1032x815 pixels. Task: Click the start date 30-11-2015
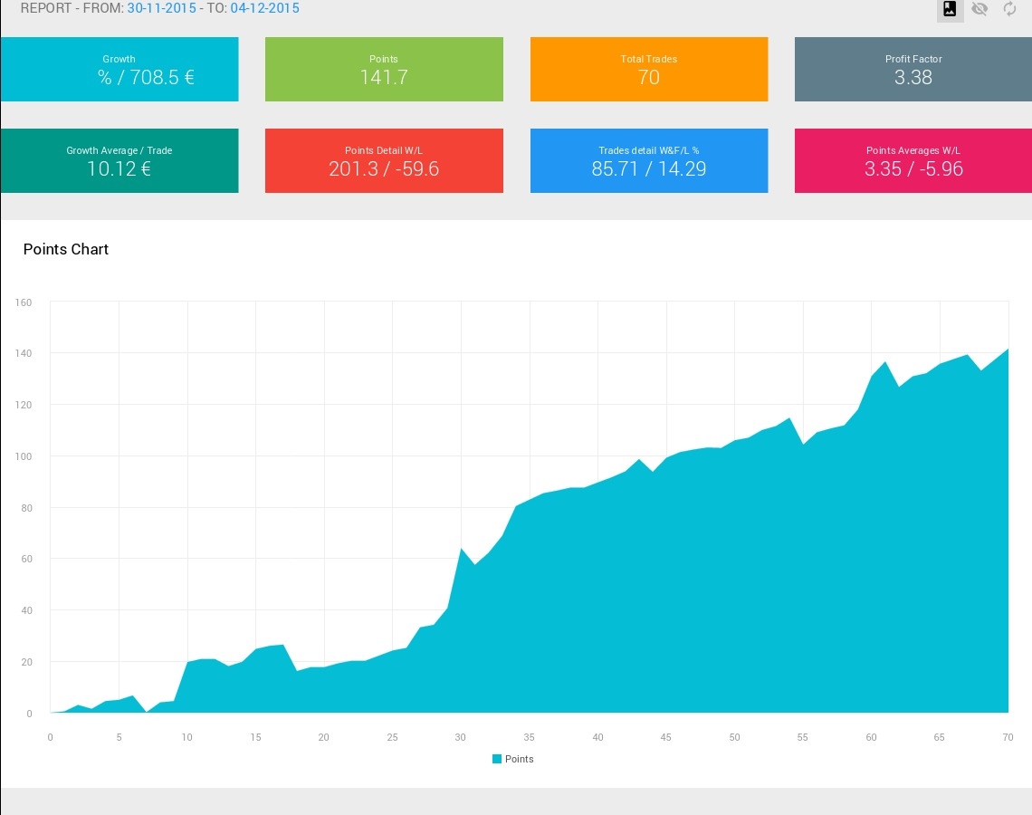click(161, 8)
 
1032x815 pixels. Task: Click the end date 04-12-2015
click(264, 8)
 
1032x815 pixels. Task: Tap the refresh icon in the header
click(1009, 8)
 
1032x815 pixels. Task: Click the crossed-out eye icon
click(979, 8)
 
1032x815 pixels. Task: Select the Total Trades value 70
click(648, 77)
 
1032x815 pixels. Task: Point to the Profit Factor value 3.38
click(913, 77)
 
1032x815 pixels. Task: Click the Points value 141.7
click(384, 77)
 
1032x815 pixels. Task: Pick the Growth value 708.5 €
click(162, 77)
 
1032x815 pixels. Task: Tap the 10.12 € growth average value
click(119, 168)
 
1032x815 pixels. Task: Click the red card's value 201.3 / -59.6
click(384, 168)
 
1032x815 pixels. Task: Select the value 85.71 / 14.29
click(648, 168)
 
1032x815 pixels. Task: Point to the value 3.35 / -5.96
click(913, 168)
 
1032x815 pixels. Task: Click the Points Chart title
click(66, 249)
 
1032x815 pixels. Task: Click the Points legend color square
click(497, 759)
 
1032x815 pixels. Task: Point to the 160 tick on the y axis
click(24, 302)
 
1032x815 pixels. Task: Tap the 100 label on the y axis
click(24, 456)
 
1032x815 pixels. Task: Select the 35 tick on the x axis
click(530, 737)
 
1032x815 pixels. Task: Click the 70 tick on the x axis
click(1008, 737)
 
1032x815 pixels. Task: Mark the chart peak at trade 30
click(461, 548)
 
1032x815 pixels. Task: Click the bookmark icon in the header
click(950, 8)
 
